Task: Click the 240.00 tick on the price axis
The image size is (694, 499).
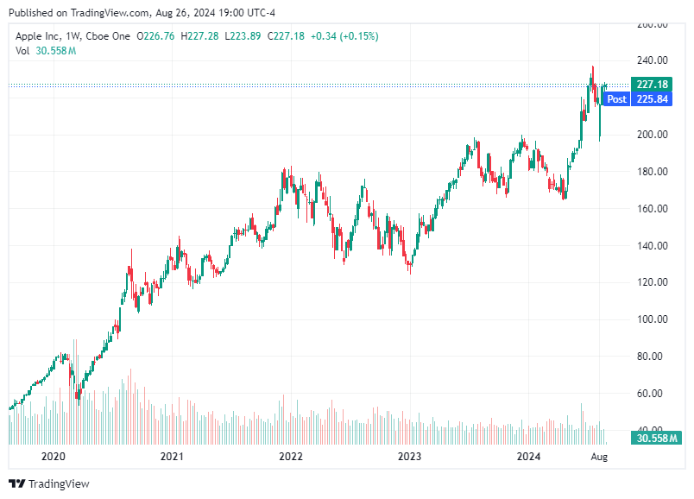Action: coord(652,60)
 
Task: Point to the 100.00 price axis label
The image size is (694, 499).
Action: coord(652,319)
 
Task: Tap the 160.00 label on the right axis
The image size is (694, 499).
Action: coord(652,209)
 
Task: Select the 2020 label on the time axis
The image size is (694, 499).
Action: coord(54,456)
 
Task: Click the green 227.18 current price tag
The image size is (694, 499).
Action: coord(651,85)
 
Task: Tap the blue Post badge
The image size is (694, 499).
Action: coord(616,99)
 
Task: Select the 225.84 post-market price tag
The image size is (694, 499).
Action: coord(651,99)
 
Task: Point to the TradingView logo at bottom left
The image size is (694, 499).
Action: coord(49,483)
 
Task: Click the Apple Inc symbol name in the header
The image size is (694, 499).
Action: coord(40,36)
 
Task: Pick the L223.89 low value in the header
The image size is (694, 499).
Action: coord(243,36)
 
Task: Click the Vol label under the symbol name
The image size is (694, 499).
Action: coord(23,51)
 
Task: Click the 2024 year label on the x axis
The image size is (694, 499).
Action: coord(527,456)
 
